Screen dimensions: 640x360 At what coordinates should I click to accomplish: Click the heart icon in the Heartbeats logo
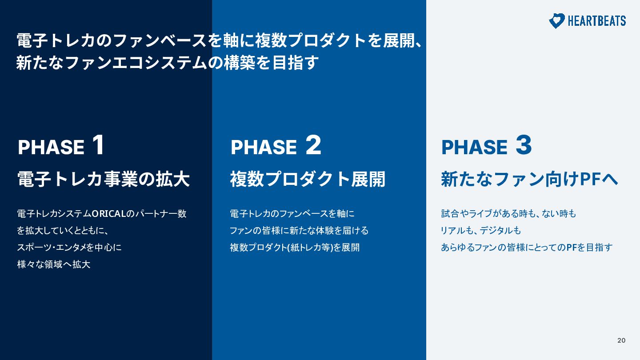[x=557, y=21]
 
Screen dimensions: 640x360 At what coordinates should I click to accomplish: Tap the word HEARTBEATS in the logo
[x=597, y=21]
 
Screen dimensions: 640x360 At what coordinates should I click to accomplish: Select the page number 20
[x=621, y=340]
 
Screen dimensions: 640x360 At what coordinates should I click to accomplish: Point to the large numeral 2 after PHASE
[x=313, y=145]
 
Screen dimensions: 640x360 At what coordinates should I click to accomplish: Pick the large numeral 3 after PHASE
[x=524, y=145]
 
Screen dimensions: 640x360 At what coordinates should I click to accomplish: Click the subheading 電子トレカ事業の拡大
[x=104, y=179]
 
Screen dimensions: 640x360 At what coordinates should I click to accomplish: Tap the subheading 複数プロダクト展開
[x=308, y=179]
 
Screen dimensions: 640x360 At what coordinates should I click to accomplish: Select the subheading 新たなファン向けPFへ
[x=529, y=179]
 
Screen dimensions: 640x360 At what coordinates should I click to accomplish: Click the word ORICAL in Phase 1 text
[x=109, y=214]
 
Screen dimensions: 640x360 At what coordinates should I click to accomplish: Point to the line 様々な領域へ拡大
[x=54, y=264]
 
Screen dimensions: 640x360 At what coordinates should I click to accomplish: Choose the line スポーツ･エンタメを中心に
[x=69, y=248]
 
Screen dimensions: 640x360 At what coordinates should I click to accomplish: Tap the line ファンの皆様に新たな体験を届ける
[x=299, y=231]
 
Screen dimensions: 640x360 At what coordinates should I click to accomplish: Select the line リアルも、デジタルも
[x=481, y=231]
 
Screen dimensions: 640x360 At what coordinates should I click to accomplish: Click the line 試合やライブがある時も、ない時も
[x=508, y=214]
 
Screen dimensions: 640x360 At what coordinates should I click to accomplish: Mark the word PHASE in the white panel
[x=474, y=147]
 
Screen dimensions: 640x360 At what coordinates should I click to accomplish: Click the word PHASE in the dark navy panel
[x=51, y=147]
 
